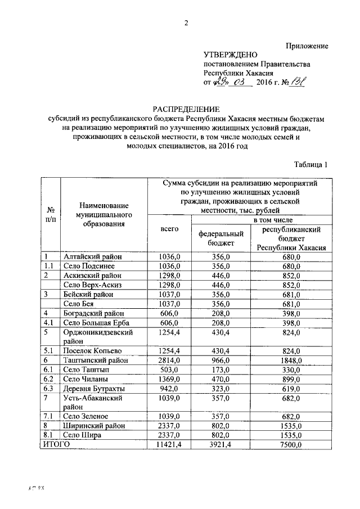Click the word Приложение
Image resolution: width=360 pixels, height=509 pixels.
307,45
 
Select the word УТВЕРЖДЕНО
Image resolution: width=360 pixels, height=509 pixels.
230,55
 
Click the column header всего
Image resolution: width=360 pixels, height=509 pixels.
169,229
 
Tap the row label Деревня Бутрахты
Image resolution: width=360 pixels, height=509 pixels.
94,389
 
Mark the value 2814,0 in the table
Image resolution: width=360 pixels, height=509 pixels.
169,360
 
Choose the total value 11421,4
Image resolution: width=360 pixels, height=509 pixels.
169,444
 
